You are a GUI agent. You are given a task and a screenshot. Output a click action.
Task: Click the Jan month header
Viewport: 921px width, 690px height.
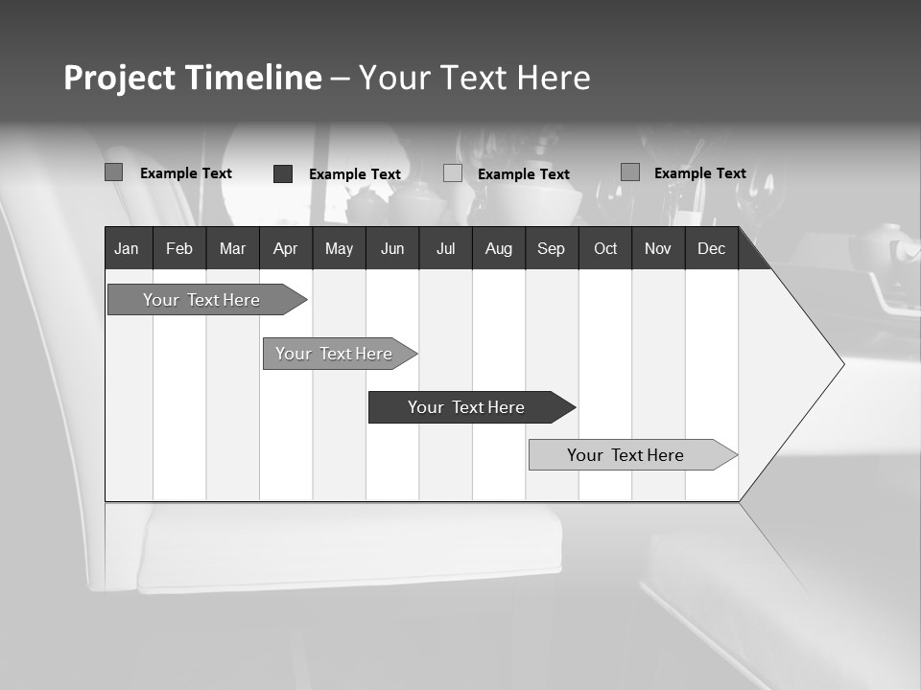point(127,249)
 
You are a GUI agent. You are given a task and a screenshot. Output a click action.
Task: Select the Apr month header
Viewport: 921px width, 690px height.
point(285,249)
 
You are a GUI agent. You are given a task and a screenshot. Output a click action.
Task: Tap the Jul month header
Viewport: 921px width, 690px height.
point(445,249)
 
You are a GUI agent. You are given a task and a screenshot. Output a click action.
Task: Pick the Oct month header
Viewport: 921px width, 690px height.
point(605,249)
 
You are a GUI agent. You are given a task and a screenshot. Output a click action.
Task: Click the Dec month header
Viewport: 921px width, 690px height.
point(711,249)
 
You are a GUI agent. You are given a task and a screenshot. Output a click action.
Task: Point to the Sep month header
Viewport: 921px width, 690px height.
point(551,249)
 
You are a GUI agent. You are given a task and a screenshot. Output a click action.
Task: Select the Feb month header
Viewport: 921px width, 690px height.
point(179,249)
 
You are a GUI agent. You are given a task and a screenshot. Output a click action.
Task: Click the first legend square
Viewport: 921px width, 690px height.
point(113,172)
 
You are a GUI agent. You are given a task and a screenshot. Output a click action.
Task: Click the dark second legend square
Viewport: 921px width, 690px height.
point(283,173)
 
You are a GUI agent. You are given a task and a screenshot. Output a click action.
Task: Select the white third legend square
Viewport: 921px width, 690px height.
point(453,173)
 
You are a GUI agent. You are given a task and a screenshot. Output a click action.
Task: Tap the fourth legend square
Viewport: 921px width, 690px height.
point(629,172)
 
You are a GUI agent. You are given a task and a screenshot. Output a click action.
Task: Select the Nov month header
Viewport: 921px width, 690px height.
point(658,249)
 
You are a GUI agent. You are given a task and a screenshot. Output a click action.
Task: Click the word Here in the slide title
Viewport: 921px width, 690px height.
point(554,78)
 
